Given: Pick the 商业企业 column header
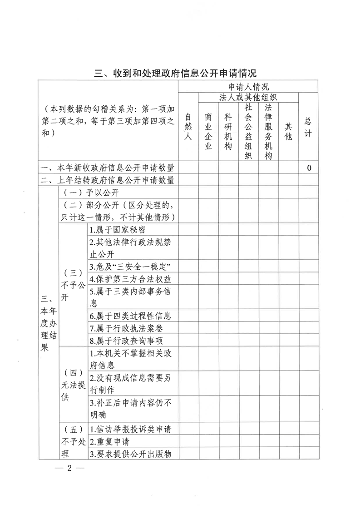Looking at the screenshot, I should pos(208,131).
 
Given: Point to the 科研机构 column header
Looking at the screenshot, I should pos(228,131).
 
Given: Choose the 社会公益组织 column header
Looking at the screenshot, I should pos(248,131).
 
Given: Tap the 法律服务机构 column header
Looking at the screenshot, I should pos(268,131).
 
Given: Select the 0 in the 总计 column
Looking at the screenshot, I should pos(309,168).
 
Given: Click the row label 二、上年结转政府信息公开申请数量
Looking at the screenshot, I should pos(108,180).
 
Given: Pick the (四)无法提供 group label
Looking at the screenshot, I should pos(73,384).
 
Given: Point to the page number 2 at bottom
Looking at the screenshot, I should pos(69,469).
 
